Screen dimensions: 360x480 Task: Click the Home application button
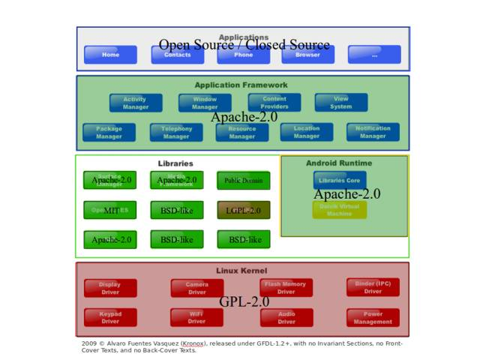pos(110,55)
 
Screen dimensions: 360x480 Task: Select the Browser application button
pos(308,55)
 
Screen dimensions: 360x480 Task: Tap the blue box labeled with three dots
pos(374,55)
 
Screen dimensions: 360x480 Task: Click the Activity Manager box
pos(136,103)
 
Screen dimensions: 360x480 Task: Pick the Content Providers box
pos(274,103)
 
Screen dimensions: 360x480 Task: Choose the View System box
pos(341,103)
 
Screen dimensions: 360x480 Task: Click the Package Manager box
pos(109,133)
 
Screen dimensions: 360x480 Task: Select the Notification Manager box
pos(373,132)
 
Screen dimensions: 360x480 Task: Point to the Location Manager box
pos(307,132)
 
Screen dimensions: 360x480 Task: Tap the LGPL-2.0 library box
pos(244,211)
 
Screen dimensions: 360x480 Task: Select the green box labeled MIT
pos(110,211)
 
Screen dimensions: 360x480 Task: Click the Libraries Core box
pos(340,181)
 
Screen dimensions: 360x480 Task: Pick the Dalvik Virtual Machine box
pos(340,210)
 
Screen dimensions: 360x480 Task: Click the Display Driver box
pos(110,288)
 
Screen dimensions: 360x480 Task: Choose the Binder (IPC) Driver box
pos(373,287)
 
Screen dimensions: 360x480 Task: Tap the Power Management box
pos(373,318)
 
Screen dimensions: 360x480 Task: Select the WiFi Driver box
pos(196,318)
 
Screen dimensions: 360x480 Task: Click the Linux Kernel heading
pos(241,271)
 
